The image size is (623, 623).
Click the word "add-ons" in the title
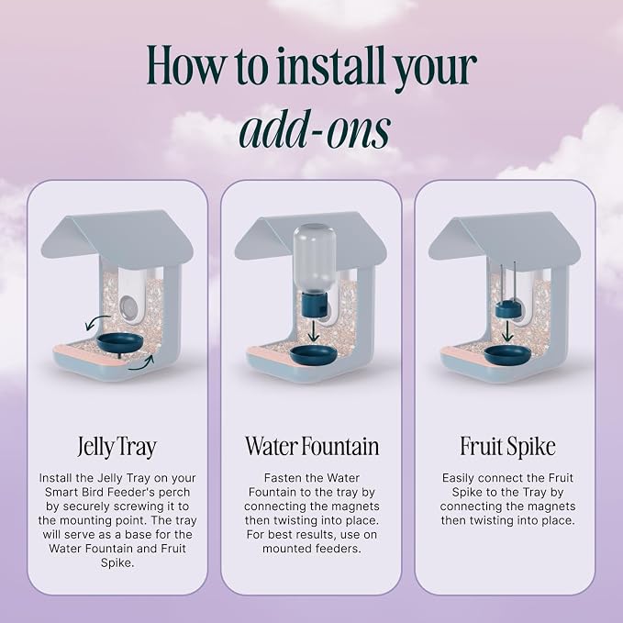pos(315,130)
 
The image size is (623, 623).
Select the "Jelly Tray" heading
pos(117,447)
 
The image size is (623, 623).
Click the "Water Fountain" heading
pos(312,446)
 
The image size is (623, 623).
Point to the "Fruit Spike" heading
pos(507,447)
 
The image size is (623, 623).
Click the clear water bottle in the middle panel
pos(315,259)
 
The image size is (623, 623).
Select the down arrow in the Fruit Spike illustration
pos(506,330)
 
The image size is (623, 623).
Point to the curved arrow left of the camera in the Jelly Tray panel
pos(96,322)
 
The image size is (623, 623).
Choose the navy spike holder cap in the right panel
pos(507,309)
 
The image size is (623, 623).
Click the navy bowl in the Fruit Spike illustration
pos(507,353)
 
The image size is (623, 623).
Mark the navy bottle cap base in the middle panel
pos(314,306)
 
